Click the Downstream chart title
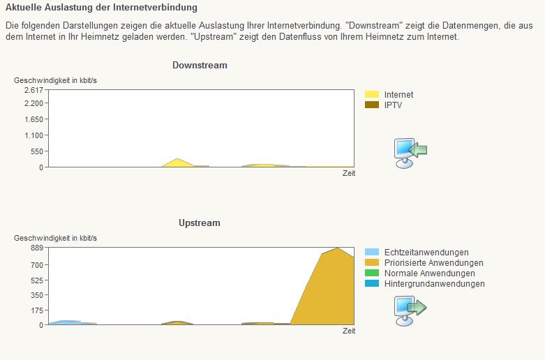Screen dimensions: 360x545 pyautogui.click(x=200, y=66)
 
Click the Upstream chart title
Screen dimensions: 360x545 pyautogui.click(x=199, y=223)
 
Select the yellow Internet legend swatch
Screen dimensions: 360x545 pyautogui.click(x=372, y=94)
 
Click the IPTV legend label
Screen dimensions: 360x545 pyautogui.click(x=393, y=105)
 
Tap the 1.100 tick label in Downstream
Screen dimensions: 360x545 pyautogui.click(x=33, y=135)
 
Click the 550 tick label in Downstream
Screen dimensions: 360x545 pyautogui.click(x=37, y=151)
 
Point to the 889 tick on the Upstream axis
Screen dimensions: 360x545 pyautogui.click(x=37, y=248)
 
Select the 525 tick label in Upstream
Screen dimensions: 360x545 pyautogui.click(x=37, y=280)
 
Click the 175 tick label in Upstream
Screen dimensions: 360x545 pyautogui.click(x=37, y=310)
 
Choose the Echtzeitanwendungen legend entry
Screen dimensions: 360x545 pyautogui.click(x=426, y=253)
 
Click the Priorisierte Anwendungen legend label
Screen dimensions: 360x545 pyautogui.click(x=433, y=263)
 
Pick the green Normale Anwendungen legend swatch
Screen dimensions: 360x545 pyautogui.click(x=372, y=273)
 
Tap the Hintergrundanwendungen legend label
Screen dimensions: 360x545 pyautogui.click(x=434, y=284)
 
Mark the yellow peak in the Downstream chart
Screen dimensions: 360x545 pyautogui.click(x=179, y=160)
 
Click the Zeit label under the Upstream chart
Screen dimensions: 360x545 pyautogui.click(x=348, y=331)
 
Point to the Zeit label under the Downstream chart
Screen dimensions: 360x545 pyautogui.click(x=348, y=174)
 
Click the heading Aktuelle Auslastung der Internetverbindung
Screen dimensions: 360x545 pyautogui.click(x=101, y=8)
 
